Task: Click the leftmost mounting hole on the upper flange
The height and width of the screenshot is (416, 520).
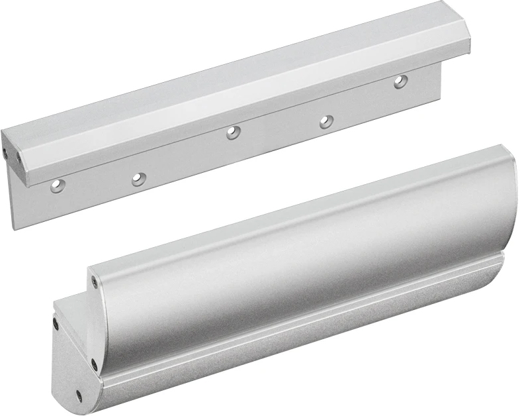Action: tap(58, 186)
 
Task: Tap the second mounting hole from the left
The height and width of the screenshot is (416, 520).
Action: tap(138, 179)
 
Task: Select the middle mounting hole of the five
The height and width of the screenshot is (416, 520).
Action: tap(233, 132)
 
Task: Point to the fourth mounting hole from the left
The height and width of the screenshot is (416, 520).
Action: tap(325, 122)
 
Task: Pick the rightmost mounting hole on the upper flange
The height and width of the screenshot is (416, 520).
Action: tap(400, 82)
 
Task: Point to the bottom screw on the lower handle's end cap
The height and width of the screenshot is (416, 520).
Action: tap(79, 396)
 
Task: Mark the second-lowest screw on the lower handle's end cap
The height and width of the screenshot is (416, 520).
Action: tap(94, 363)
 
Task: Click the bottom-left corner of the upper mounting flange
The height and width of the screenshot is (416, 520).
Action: tap(14, 227)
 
